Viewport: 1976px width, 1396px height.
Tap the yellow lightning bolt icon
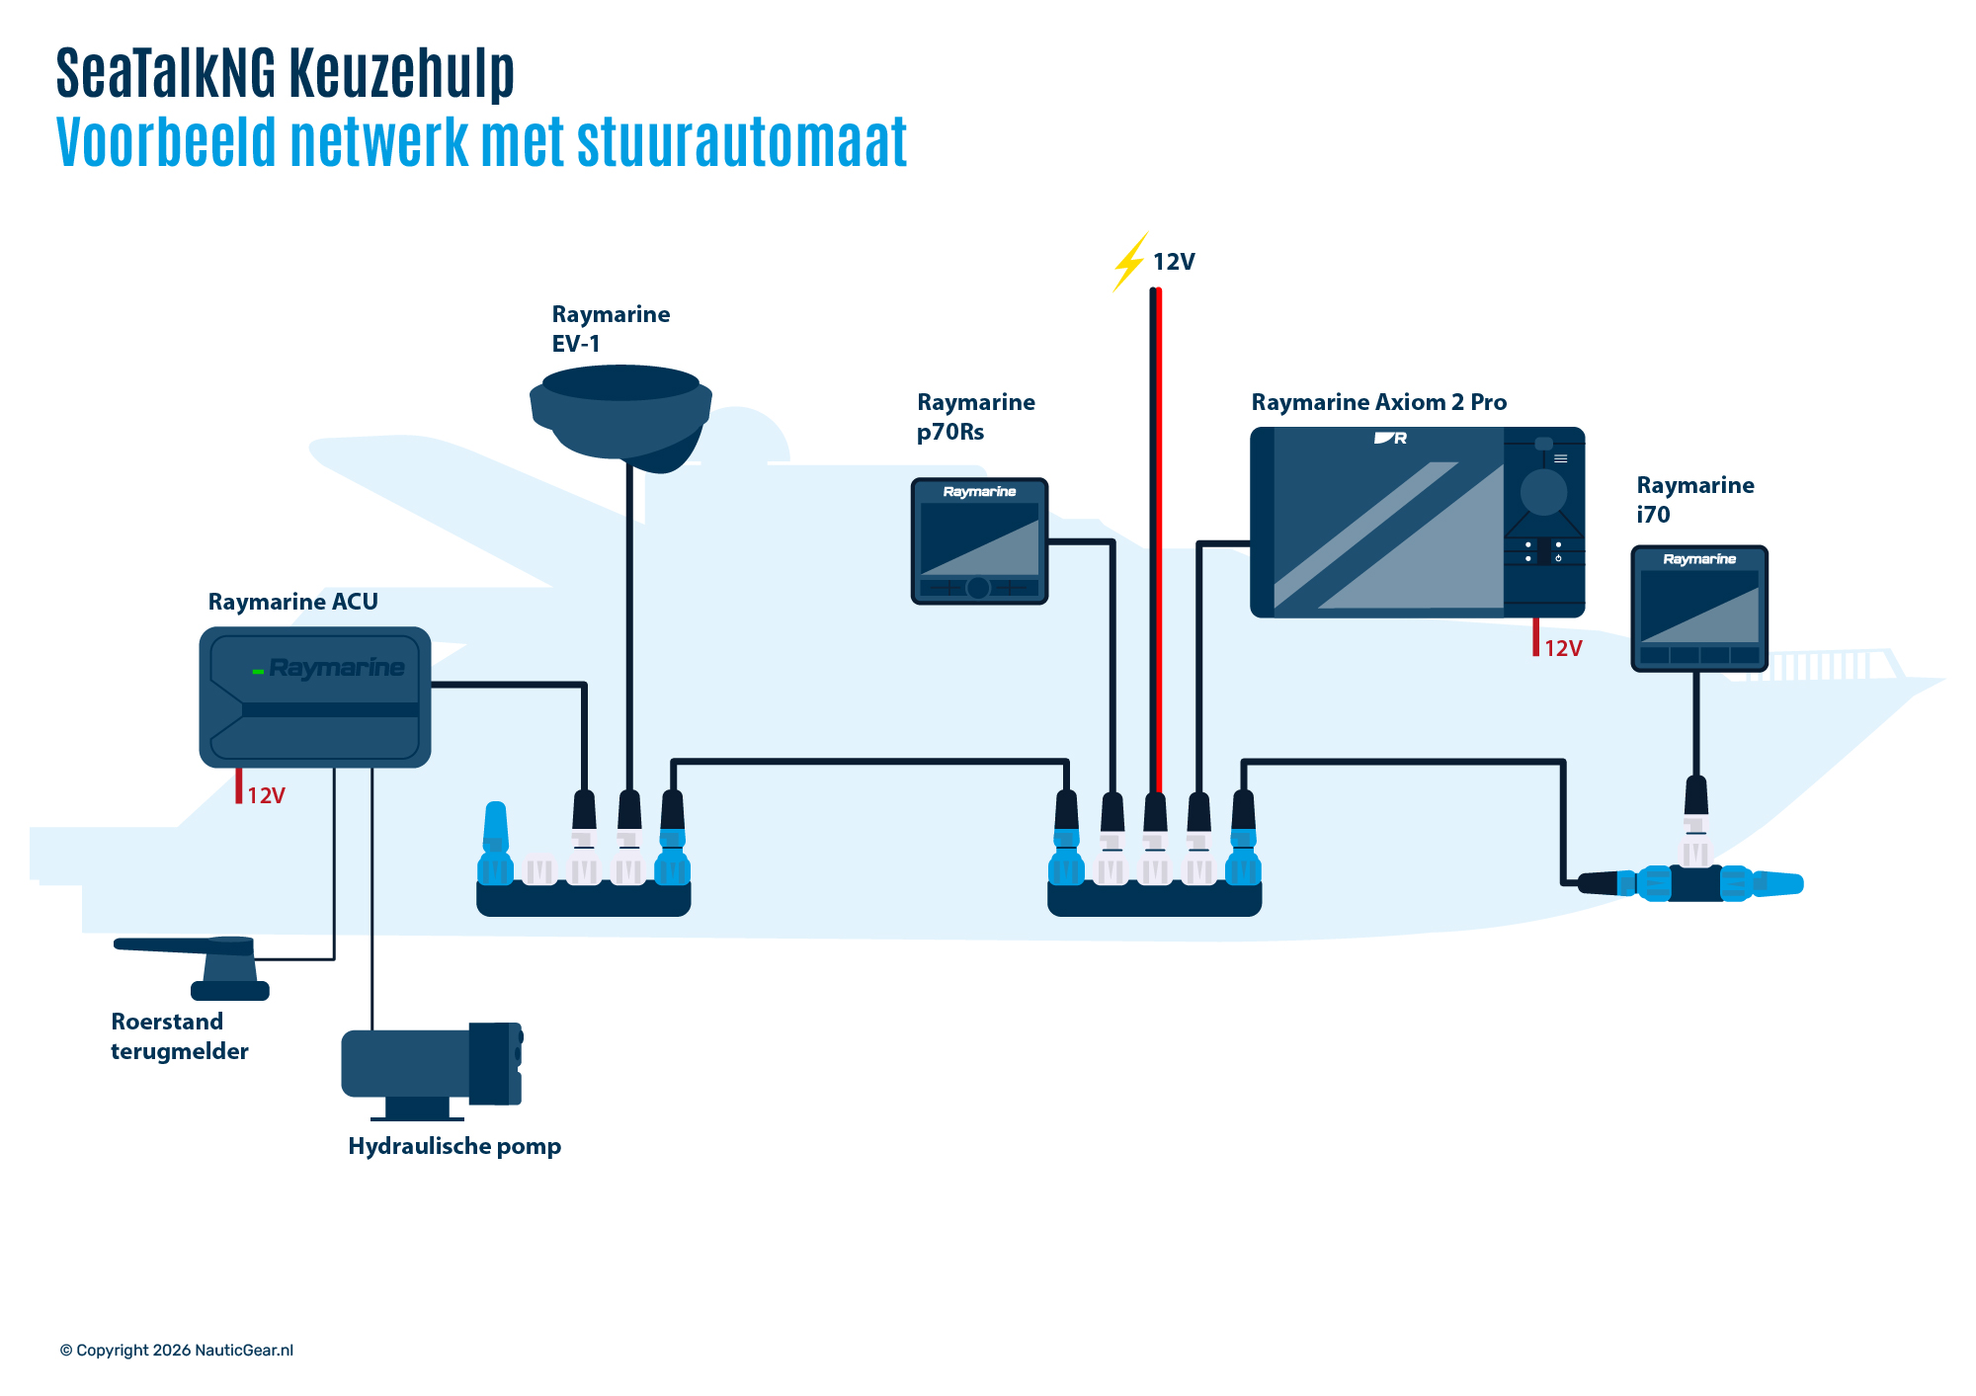click(1129, 262)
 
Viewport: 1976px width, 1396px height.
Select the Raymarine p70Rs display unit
click(978, 540)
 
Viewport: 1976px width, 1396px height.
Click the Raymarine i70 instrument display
click(1698, 608)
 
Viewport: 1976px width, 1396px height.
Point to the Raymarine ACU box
click(314, 697)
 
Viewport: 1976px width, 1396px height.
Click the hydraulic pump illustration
click(430, 1067)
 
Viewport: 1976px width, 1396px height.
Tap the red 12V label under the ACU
click(266, 795)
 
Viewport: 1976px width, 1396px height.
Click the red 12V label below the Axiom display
click(1563, 648)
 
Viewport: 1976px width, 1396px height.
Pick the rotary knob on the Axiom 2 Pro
click(1543, 491)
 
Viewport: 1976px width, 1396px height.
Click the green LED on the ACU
click(258, 671)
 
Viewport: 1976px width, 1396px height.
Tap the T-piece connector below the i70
click(1694, 882)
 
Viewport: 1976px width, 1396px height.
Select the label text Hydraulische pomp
click(454, 1146)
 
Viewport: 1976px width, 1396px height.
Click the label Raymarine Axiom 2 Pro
click(1378, 402)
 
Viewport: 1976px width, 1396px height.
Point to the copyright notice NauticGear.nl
click(177, 1351)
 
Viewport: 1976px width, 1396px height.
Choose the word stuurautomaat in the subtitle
click(741, 143)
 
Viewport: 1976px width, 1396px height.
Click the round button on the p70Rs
click(977, 588)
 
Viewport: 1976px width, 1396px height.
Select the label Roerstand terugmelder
click(179, 1036)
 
